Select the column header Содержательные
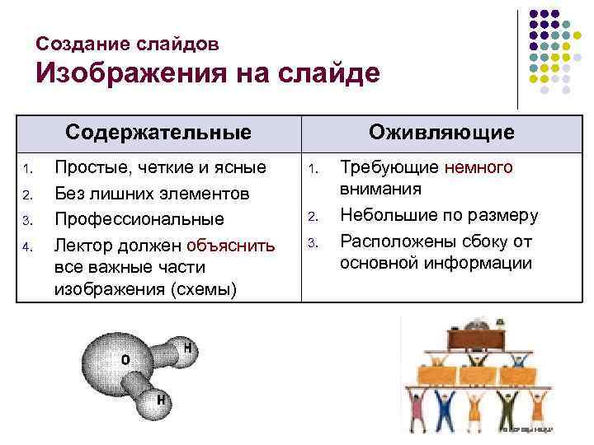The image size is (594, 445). pyautogui.click(x=158, y=133)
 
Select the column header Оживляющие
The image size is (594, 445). pyautogui.click(x=441, y=133)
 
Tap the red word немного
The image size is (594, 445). pyautogui.click(x=478, y=168)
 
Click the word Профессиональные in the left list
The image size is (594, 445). pyautogui.click(x=139, y=219)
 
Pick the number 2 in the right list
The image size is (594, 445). pyautogui.click(x=313, y=218)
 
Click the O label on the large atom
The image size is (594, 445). pyautogui.click(x=125, y=360)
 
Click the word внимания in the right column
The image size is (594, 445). pyautogui.click(x=380, y=189)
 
